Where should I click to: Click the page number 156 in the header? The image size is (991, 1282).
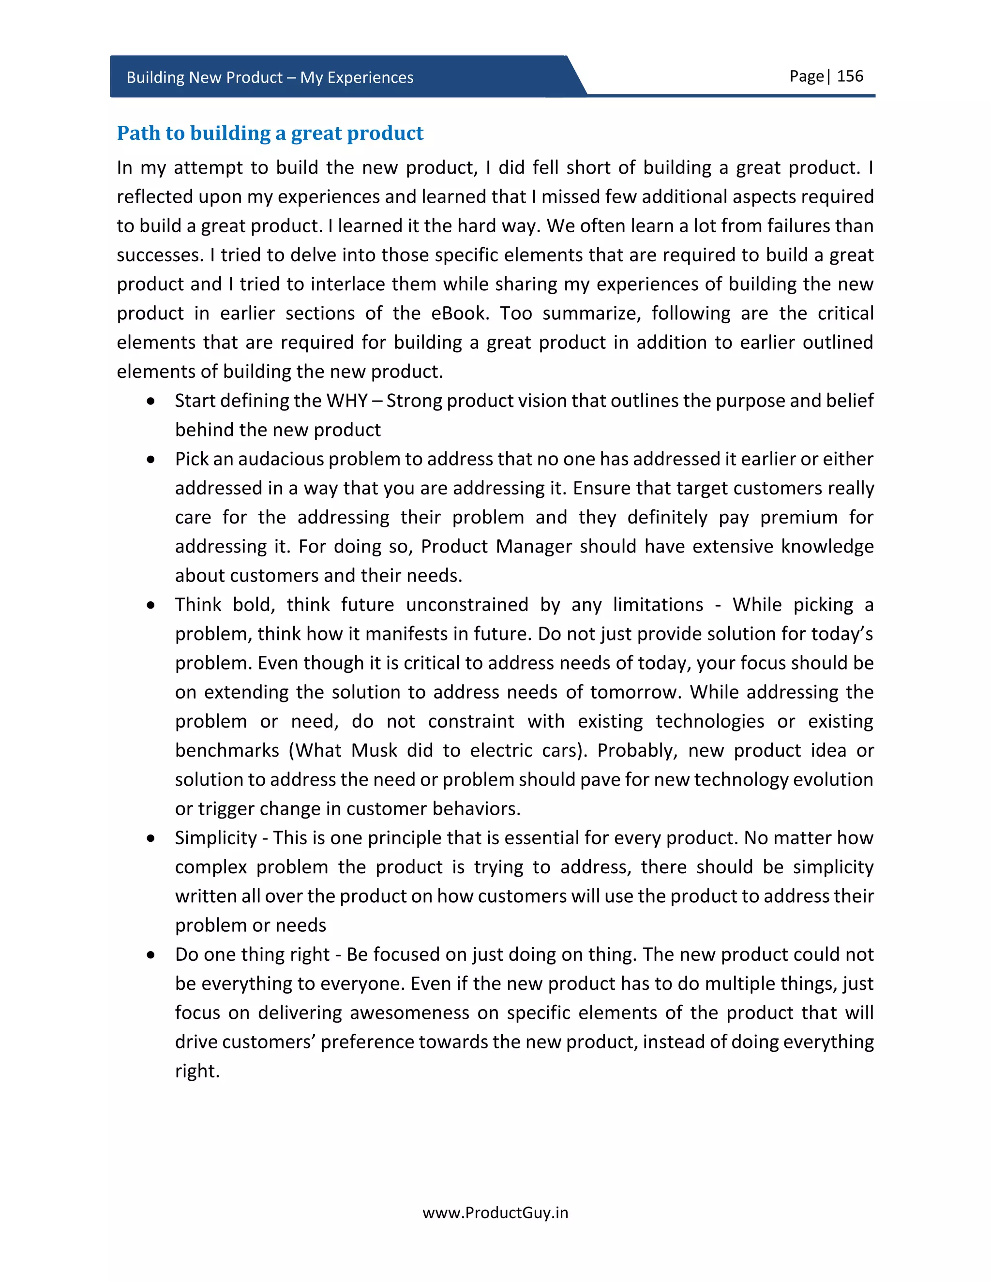click(x=850, y=76)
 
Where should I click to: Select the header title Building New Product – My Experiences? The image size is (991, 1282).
click(x=270, y=77)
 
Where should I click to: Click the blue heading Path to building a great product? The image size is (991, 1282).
click(x=270, y=133)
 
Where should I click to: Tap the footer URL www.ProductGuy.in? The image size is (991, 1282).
click(x=495, y=1212)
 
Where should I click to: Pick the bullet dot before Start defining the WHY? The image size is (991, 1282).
click(x=151, y=402)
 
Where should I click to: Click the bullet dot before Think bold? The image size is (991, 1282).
click(x=151, y=605)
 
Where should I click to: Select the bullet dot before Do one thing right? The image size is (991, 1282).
click(x=151, y=955)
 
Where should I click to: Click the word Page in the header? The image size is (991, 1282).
click(x=806, y=76)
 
